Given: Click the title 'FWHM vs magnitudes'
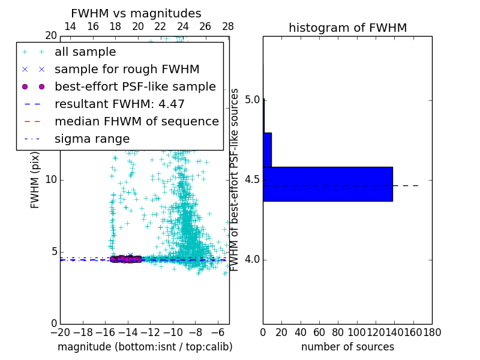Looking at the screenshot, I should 136,13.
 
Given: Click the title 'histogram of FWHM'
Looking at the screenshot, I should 347,28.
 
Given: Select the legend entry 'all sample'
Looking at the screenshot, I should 85,52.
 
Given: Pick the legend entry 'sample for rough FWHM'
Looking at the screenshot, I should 127,69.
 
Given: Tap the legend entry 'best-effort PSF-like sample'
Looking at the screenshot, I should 135,86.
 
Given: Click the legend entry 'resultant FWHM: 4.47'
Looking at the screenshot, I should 119,104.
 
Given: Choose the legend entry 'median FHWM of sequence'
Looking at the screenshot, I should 136,121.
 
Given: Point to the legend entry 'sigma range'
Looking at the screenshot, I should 92,139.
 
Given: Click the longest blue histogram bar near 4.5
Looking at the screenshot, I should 328,184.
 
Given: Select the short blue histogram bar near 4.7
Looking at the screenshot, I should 267,149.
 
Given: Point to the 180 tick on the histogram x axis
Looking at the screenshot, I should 432,331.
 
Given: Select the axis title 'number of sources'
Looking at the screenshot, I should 347,347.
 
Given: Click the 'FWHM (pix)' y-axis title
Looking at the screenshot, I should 35,180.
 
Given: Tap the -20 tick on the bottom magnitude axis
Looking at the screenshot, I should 60,331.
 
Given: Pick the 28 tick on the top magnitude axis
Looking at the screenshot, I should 228,27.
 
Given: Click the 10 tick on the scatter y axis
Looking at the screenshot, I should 50,180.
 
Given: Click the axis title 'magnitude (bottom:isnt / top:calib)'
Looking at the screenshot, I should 145,347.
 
